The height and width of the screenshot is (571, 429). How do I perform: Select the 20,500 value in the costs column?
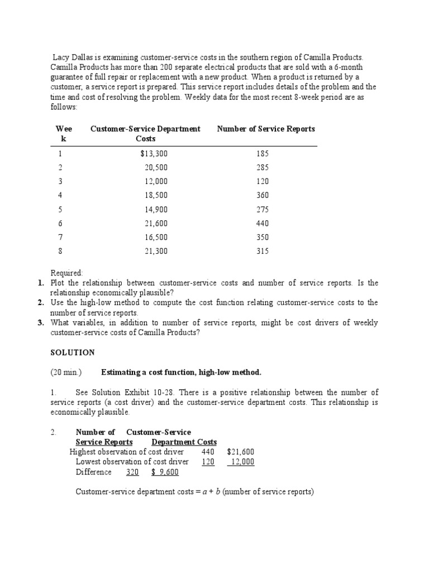point(156,168)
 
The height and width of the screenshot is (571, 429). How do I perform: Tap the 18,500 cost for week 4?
point(156,196)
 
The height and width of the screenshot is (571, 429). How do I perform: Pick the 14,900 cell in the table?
point(156,210)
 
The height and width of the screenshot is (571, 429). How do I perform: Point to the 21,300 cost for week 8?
point(156,251)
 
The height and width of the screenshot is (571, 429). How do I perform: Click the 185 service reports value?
point(262,154)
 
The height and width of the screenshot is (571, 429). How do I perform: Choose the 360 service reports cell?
point(262,196)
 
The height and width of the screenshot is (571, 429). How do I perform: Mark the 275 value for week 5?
point(262,210)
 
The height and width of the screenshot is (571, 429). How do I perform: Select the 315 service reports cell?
point(262,251)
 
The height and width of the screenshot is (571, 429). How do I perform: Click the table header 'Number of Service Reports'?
point(266,129)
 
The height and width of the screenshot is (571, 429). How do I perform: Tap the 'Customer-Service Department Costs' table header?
point(145,134)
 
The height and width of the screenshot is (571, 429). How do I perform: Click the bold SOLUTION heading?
point(73,353)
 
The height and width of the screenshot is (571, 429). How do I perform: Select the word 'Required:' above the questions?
point(67,273)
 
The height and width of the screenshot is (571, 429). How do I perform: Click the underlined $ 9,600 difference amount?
point(165,472)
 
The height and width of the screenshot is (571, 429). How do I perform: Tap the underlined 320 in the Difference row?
point(132,472)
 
